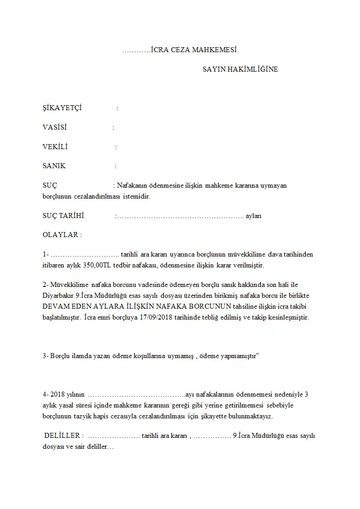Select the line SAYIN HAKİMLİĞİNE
(x=240, y=69)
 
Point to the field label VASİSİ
(x=55, y=127)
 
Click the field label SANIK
(x=54, y=166)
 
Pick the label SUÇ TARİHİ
(x=63, y=216)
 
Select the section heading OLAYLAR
(x=61, y=235)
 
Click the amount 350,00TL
(x=94, y=265)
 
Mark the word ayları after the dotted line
(x=253, y=216)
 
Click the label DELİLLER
(x=63, y=436)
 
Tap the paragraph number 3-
(x=45, y=356)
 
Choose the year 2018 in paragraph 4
(x=59, y=394)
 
